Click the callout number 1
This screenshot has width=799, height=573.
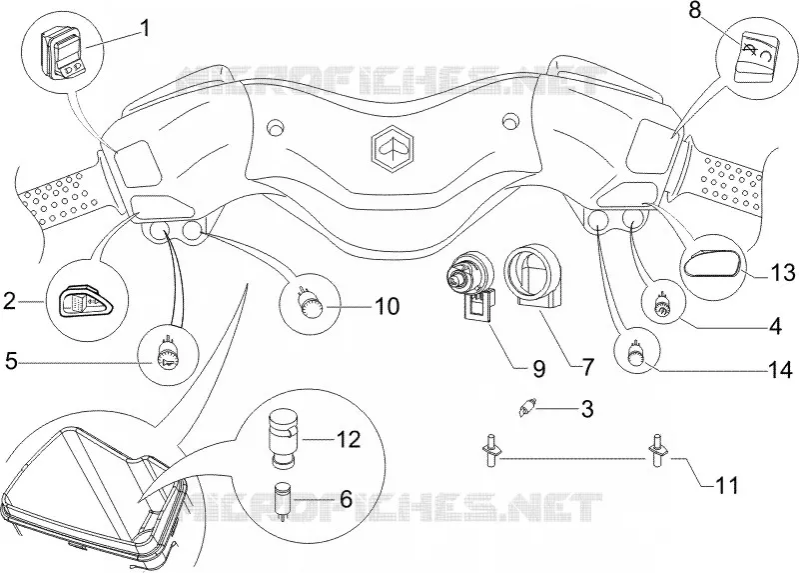(145, 29)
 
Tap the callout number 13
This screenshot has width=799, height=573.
(783, 273)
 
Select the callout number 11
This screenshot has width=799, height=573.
(727, 486)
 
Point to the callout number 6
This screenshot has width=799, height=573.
(346, 499)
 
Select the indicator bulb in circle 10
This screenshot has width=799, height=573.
(309, 305)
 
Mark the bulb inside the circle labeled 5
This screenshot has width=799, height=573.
(167, 352)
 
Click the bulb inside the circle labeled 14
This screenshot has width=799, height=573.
(635, 354)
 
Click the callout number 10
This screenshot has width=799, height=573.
(388, 306)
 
